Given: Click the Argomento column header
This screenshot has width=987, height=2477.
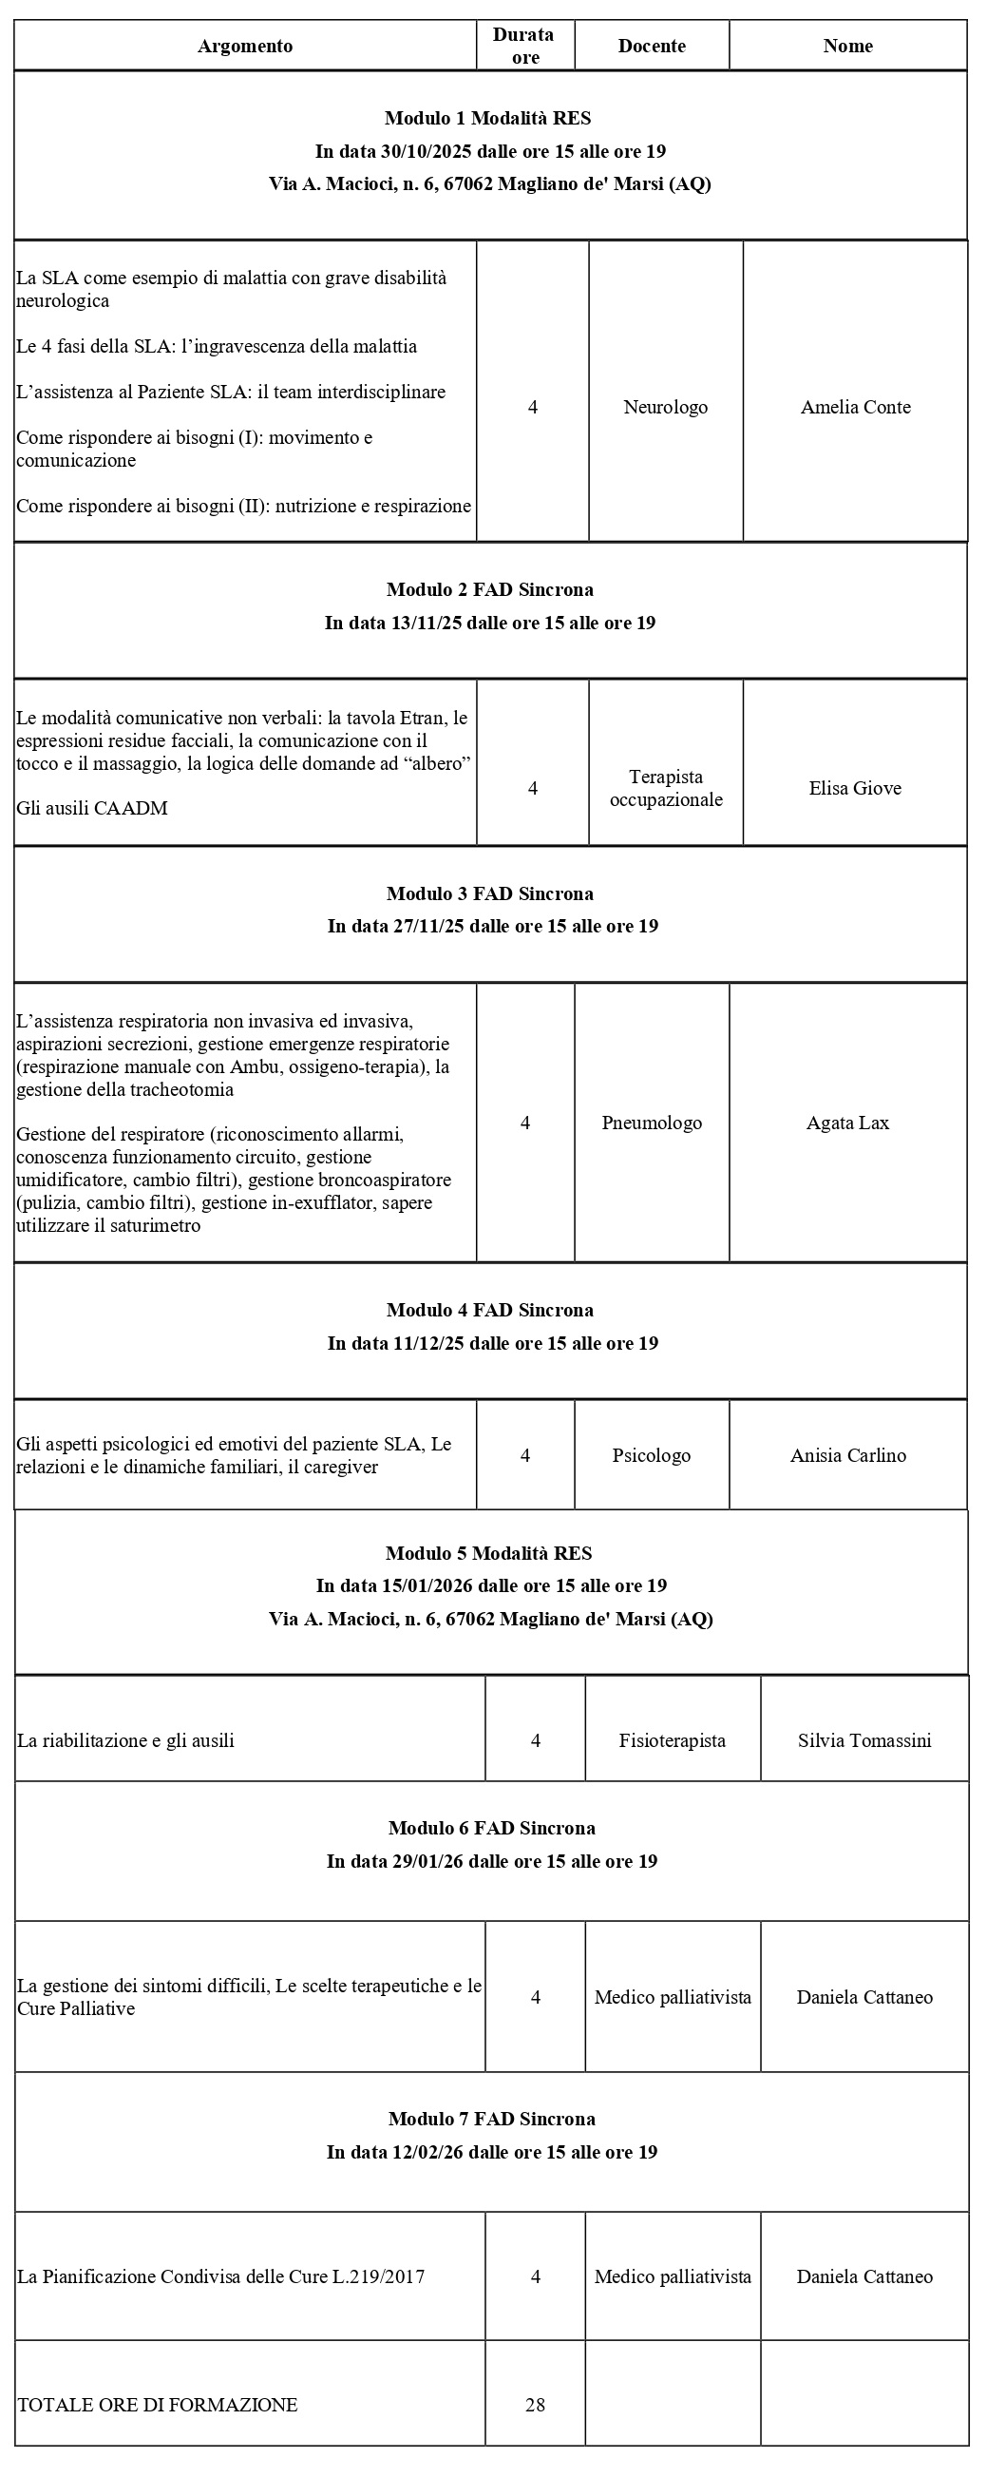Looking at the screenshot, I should [x=245, y=47].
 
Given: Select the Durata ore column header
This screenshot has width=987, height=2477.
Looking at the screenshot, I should [x=523, y=47].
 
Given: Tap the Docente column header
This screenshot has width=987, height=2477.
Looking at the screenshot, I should [x=652, y=47].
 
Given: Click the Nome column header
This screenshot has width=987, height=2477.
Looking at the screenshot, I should [x=847, y=47].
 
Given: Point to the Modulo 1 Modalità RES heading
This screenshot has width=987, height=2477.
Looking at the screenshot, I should [x=487, y=118].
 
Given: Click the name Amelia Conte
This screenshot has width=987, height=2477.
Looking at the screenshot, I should [x=855, y=407].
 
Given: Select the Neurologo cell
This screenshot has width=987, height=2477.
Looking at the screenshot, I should [x=665, y=407].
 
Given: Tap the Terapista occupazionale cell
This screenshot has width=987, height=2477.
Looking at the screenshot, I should [x=666, y=788].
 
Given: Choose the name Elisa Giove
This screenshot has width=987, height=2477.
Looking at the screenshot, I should [x=855, y=788].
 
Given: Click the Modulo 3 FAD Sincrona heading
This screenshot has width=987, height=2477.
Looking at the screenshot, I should [x=490, y=893].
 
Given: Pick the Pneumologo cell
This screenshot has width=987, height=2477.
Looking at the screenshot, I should [x=652, y=1123].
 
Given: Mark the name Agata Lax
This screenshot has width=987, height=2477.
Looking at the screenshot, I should [x=847, y=1123].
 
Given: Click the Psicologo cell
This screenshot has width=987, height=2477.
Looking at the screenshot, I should [x=652, y=1455].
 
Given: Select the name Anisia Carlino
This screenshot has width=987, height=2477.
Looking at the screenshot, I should [x=847, y=1455].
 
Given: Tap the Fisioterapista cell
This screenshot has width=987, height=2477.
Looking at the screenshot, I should [x=672, y=1739].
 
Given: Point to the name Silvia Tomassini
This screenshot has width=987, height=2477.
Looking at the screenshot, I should [x=864, y=1739].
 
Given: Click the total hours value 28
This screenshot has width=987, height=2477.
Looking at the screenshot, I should [x=536, y=2404].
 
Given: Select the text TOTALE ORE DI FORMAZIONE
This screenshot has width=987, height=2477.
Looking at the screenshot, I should [x=158, y=2404].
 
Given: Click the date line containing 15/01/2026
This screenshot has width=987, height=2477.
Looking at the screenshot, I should [x=491, y=1585].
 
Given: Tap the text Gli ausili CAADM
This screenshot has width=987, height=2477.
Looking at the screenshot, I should [x=92, y=808].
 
